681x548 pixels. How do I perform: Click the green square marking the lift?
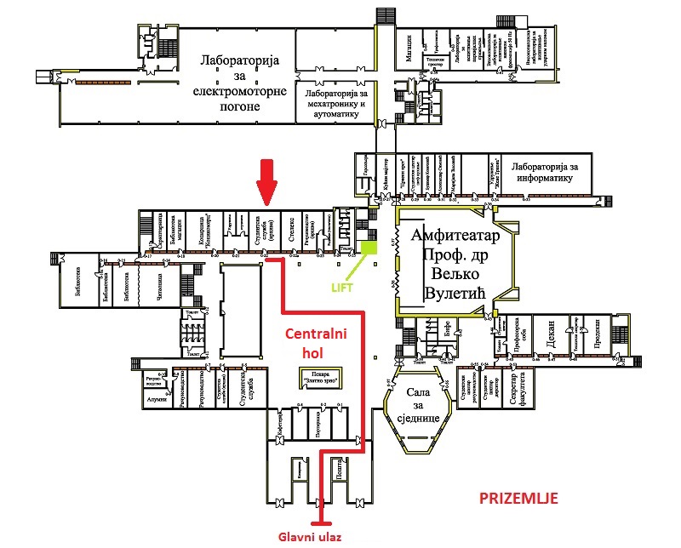[x=369, y=248]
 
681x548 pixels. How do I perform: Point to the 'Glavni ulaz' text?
[x=316, y=536]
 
